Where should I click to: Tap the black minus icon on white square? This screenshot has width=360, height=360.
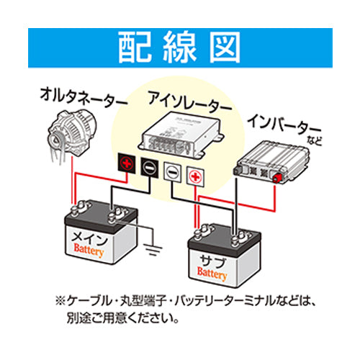(x=173, y=171)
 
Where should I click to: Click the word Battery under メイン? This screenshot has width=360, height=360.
(x=89, y=252)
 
